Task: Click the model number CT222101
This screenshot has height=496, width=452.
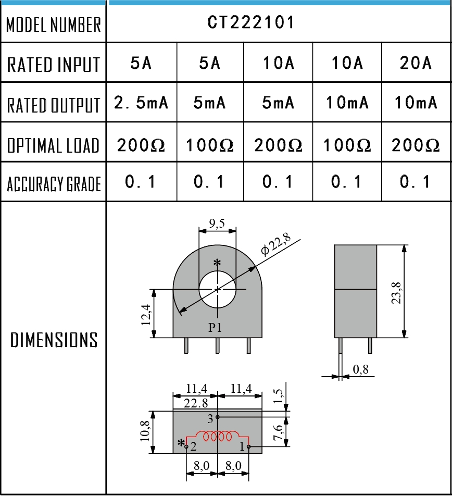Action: click(x=251, y=22)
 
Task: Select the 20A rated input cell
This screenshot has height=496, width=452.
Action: click(x=416, y=63)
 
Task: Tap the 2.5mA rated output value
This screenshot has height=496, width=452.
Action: click(x=141, y=102)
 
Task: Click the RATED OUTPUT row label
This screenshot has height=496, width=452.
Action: click(x=54, y=105)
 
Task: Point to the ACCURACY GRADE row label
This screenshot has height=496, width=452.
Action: click(x=54, y=184)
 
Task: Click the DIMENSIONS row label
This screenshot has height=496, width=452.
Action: click(x=54, y=340)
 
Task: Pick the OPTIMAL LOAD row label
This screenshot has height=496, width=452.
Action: click(x=54, y=145)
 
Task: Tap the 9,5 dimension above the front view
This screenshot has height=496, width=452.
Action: click(x=217, y=224)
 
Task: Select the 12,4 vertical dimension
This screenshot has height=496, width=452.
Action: click(x=146, y=315)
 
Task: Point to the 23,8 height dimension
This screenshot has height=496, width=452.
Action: click(x=396, y=293)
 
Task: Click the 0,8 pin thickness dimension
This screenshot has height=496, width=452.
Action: click(x=361, y=369)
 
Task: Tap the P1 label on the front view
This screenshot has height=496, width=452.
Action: click(x=215, y=327)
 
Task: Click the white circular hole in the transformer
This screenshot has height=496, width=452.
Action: click(x=218, y=289)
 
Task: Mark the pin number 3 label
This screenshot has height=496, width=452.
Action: click(x=210, y=419)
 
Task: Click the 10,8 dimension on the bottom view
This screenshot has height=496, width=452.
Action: click(x=145, y=431)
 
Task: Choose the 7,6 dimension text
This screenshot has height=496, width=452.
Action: click(x=278, y=432)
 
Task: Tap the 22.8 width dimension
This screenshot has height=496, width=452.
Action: click(x=196, y=403)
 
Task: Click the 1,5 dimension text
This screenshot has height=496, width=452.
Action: click(x=278, y=396)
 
